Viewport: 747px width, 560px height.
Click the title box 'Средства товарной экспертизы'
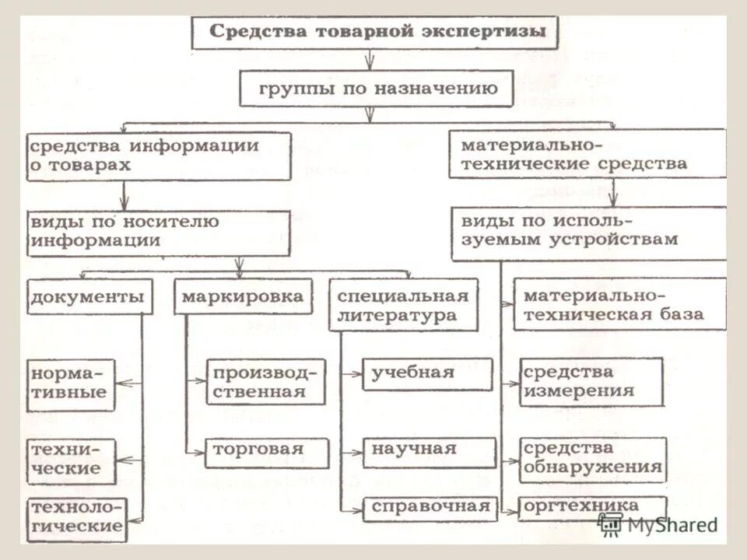[374, 33]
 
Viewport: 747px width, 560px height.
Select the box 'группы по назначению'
[377, 88]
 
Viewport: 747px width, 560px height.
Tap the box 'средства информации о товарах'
[159, 156]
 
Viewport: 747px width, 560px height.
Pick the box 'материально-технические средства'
[587, 153]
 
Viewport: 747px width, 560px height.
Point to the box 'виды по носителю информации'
[159, 231]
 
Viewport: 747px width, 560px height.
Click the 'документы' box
[89, 296]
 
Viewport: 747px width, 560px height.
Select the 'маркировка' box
[242, 296]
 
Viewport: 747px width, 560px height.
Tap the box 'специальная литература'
[403, 305]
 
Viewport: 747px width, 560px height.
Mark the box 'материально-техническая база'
[619, 305]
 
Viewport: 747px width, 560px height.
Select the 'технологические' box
[77, 518]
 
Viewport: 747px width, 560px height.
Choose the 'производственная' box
[265, 381]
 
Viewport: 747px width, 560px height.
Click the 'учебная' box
[427, 373]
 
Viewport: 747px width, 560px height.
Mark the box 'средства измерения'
[591, 381]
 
